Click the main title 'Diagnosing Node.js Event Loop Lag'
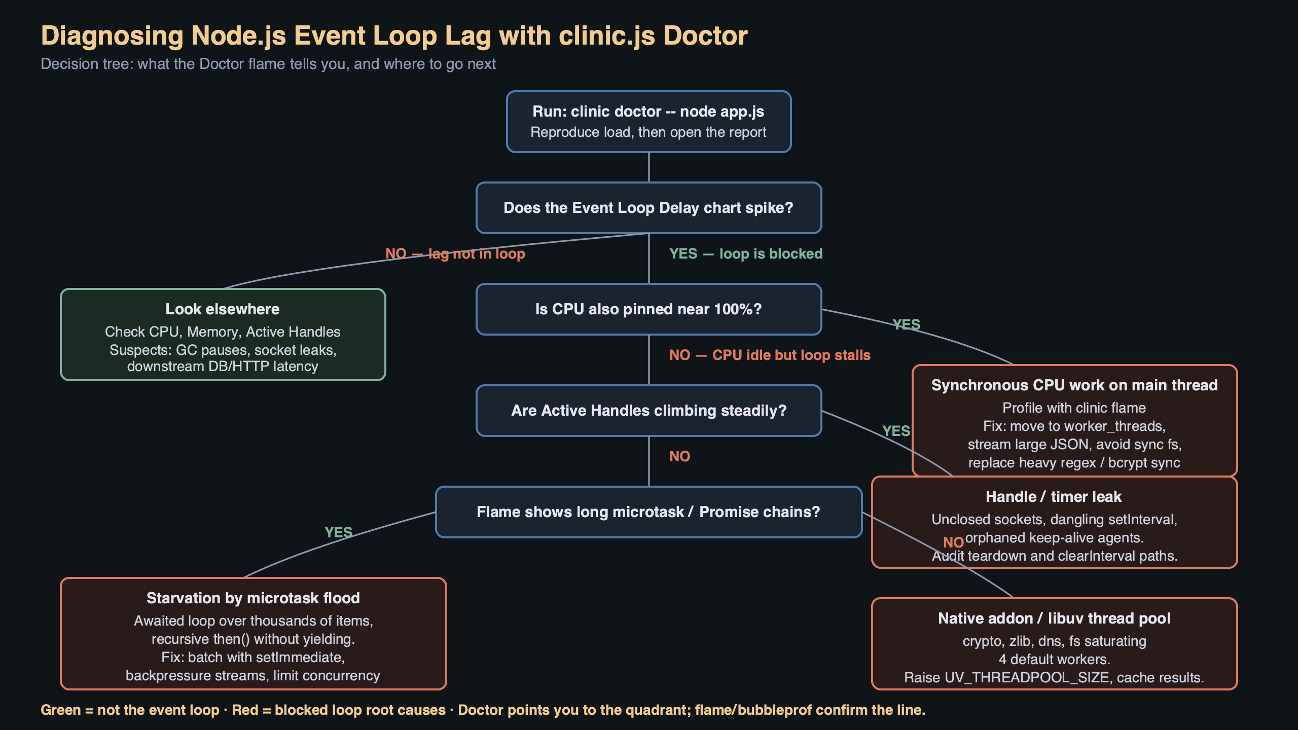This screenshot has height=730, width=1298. [x=393, y=35]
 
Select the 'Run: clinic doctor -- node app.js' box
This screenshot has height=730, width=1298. [x=648, y=122]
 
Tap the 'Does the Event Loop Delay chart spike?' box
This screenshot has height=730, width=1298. [x=648, y=208]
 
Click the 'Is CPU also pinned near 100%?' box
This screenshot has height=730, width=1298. [x=648, y=309]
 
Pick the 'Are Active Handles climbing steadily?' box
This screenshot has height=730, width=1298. [x=648, y=411]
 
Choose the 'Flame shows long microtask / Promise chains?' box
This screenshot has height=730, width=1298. [x=648, y=512]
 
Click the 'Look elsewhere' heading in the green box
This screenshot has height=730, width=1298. [x=223, y=309]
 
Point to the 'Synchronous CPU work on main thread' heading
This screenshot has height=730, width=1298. [x=1074, y=385]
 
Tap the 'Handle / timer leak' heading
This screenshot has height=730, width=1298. [x=1054, y=497]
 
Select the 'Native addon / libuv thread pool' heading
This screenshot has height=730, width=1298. [x=1054, y=618]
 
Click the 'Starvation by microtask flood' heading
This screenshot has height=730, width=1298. [x=253, y=598]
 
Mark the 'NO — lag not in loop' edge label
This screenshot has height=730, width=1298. [x=455, y=253]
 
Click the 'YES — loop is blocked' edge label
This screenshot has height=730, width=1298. [x=745, y=253]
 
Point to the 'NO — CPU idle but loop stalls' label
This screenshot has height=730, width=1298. [x=769, y=355]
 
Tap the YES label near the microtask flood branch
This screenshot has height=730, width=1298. [x=338, y=532]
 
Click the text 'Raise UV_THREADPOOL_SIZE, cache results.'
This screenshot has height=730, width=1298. [x=1054, y=678]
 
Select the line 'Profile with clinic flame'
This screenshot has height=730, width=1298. [x=1074, y=408]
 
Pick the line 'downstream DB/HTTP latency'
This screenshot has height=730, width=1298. [x=223, y=367]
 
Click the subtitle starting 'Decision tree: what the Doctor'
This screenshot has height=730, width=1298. [x=268, y=64]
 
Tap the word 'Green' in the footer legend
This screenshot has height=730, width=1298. [x=60, y=710]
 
